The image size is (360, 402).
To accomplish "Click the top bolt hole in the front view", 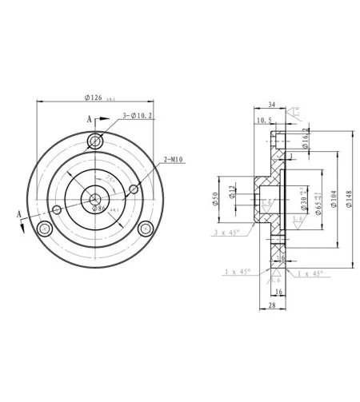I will [x=96, y=141].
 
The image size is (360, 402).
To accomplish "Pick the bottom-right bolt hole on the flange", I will [x=145, y=229].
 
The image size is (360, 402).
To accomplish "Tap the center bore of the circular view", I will [x=95, y=199].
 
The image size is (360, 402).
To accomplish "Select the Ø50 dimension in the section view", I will [x=216, y=199].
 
